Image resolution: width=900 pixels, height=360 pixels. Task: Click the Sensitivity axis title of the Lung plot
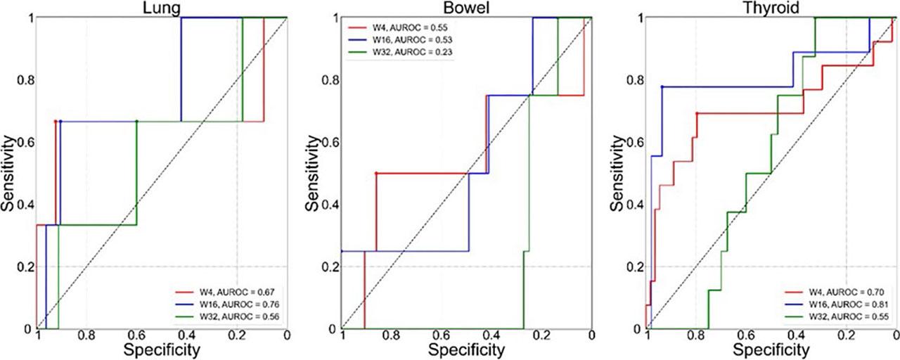(x=9, y=173)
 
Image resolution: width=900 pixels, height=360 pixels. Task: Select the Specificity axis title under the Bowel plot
(x=466, y=349)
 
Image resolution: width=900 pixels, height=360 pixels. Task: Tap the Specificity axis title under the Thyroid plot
(x=771, y=349)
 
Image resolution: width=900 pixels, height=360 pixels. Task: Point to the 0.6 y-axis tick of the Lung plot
(x=23, y=142)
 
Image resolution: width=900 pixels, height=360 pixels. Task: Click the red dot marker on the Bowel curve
(x=376, y=173)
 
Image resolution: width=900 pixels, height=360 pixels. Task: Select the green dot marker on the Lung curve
(x=136, y=121)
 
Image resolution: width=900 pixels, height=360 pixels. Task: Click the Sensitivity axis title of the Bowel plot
(x=314, y=173)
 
